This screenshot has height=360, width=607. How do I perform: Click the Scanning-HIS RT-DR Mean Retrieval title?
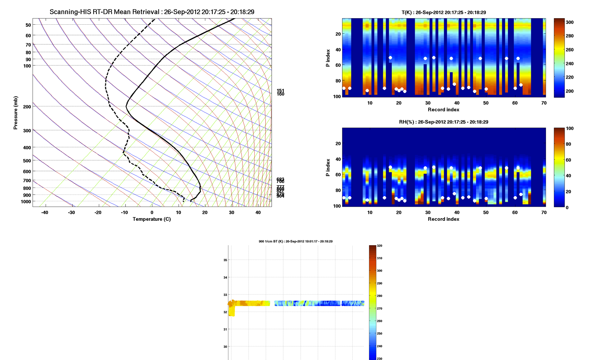pos(152,12)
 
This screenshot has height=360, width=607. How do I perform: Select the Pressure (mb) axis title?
pos(15,113)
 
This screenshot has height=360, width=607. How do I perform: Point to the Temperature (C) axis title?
pos(151,219)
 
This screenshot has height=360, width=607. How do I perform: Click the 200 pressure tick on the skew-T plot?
pos(27,107)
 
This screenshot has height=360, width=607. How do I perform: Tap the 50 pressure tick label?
pos(28,25)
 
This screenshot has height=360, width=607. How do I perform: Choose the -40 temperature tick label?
pos(45,213)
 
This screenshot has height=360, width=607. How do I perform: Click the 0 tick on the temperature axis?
pos(152,213)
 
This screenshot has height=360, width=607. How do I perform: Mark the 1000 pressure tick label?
pos(26,202)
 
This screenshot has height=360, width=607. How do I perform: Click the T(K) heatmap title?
pos(444,12)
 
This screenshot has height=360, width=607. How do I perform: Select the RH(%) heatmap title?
pos(444,122)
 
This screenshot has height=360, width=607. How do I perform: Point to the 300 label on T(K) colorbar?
pos(570,22)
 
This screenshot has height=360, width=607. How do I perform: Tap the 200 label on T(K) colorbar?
pos(570,91)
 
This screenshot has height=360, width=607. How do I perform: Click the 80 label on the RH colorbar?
pos(568,144)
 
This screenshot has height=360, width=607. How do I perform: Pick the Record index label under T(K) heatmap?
pos(444,110)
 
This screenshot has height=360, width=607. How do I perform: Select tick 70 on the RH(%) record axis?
pos(544,213)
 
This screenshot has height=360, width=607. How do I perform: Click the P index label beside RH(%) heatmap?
pos(328,167)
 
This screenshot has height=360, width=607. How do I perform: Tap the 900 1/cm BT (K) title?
pos(295,241)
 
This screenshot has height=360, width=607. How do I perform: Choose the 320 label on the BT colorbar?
pos(379,246)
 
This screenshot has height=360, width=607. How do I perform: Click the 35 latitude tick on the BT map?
pos(225,260)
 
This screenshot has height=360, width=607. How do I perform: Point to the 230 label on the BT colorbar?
pos(379,358)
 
